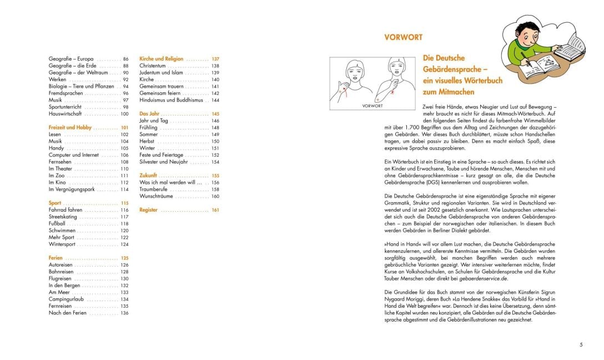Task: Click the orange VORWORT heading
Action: coord(403,38)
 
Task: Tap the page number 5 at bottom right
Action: coord(581,345)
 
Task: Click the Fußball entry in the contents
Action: coord(58,224)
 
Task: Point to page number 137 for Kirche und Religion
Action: coord(215,59)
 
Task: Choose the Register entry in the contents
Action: coord(149,210)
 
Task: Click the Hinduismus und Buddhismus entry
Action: coord(172,101)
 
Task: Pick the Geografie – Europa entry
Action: coord(71,59)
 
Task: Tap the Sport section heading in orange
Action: coord(55,203)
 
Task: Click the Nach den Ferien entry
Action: coord(67,313)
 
